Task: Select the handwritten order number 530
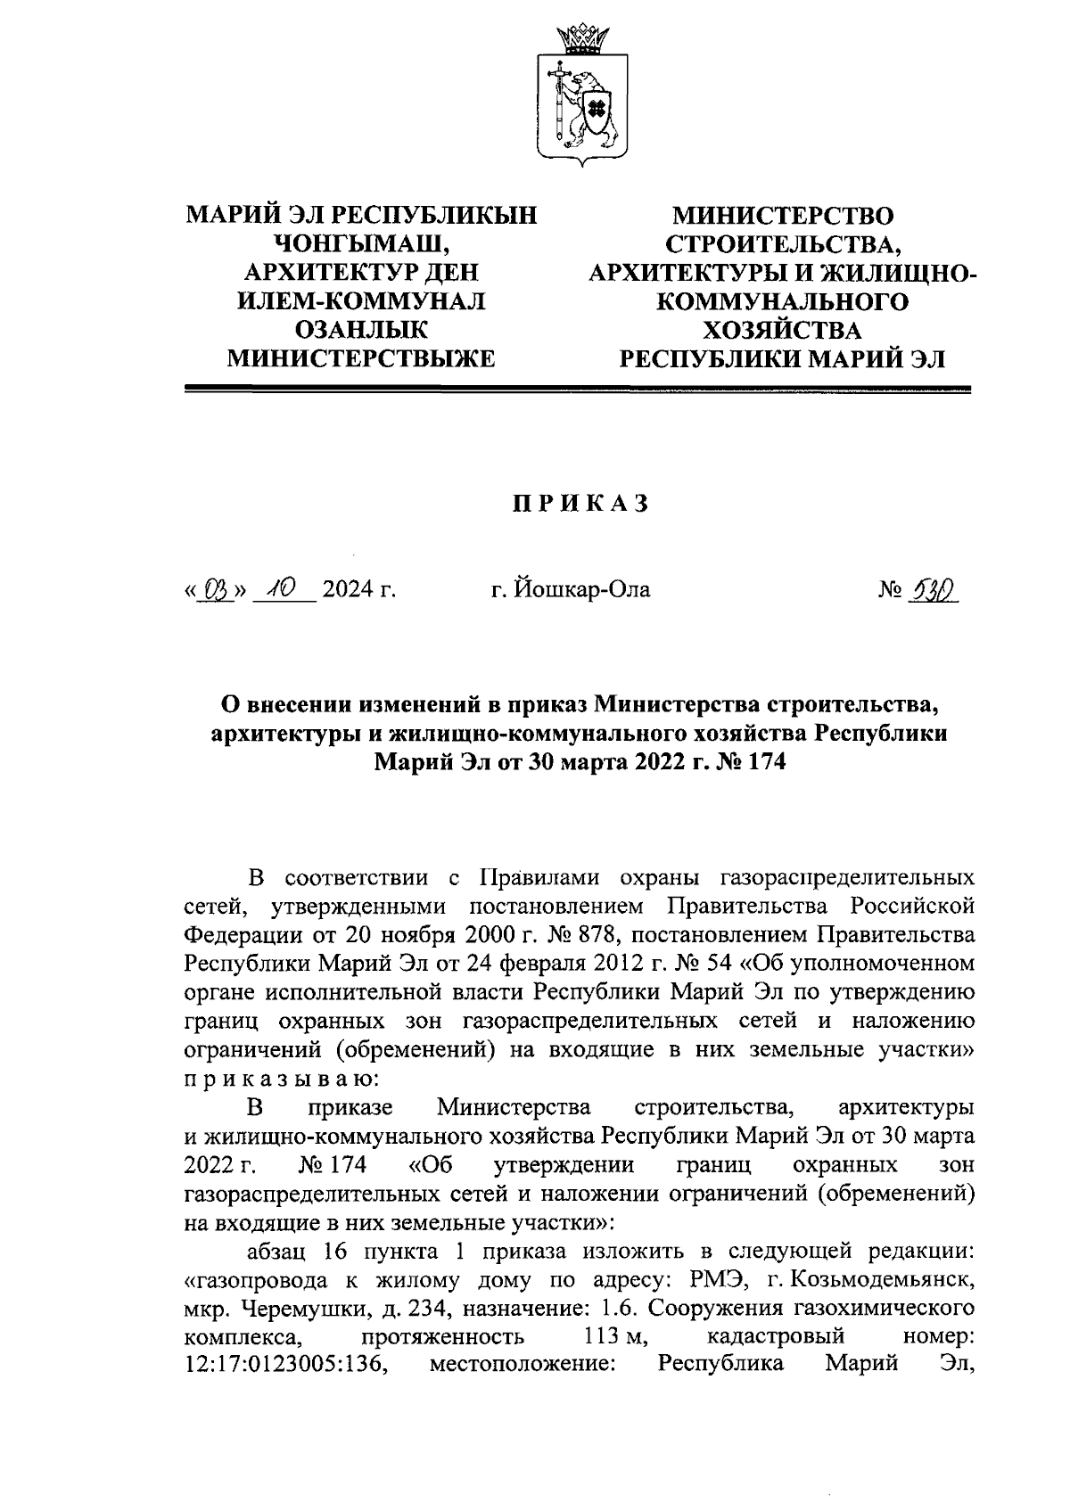(932, 589)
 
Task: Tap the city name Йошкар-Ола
(571, 589)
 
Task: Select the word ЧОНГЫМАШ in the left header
(360, 244)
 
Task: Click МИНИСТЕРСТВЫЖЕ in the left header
(360, 358)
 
